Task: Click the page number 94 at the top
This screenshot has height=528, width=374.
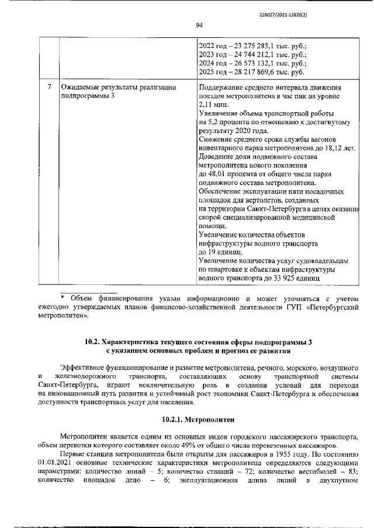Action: click(x=199, y=25)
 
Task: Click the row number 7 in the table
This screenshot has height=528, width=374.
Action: click(x=50, y=87)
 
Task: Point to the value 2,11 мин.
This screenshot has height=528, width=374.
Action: click(x=215, y=104)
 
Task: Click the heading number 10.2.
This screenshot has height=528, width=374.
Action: click(x=93, y=342)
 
